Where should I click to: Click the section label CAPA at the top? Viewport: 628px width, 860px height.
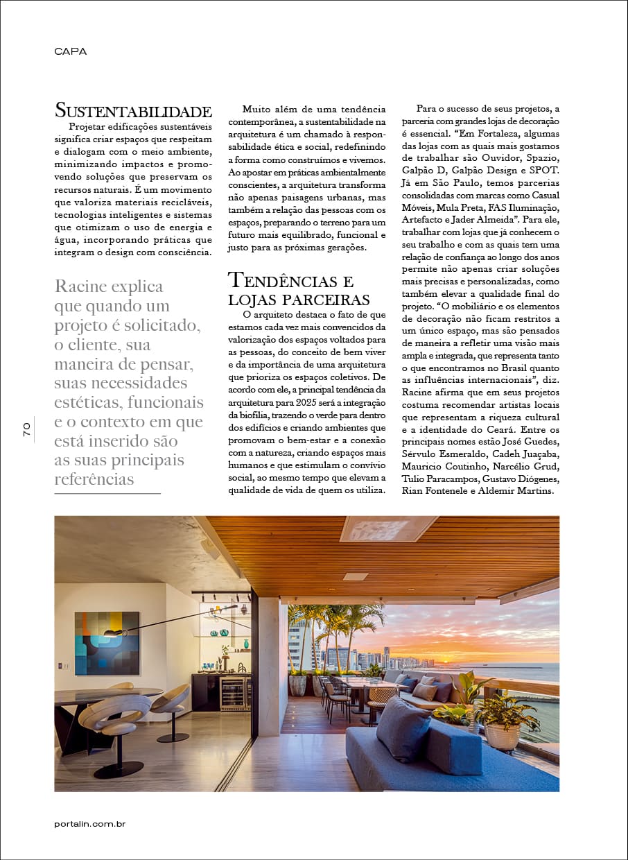point(70,51)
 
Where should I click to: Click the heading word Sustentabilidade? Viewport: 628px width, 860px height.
point(132,111)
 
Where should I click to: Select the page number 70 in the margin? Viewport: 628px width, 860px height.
point(26,429)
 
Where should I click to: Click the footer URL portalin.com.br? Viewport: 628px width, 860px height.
point(89,824)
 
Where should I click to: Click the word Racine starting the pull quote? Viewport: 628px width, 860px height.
point(80,287)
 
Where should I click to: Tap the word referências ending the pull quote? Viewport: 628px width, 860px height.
point(94,480)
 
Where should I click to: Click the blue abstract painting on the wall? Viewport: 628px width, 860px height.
point(107,643)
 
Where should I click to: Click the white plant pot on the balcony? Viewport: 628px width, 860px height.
point(502,736)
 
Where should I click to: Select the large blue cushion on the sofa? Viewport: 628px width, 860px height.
point(403,730)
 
